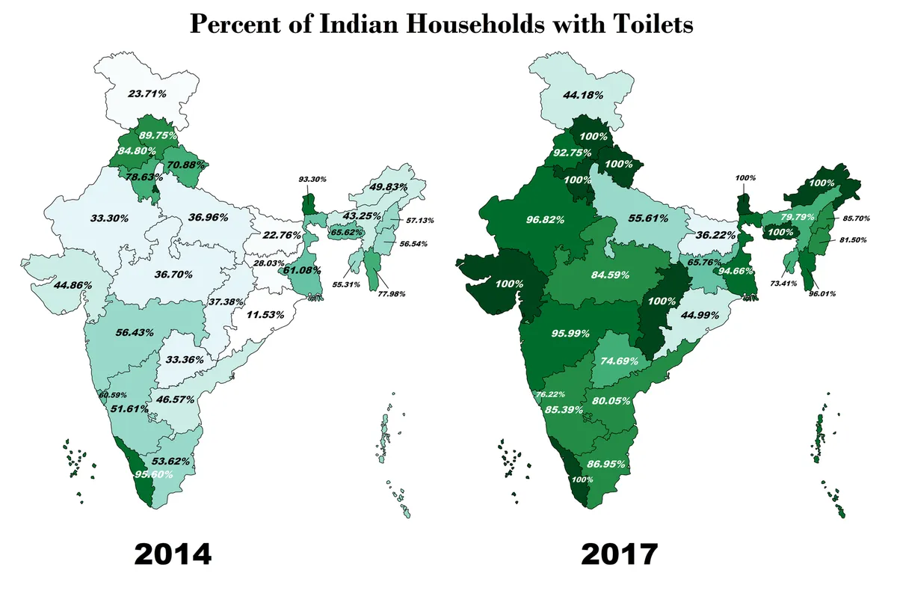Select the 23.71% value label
[147, 94]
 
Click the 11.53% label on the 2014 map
[265, 315]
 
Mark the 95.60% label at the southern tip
[154, 474]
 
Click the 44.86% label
[57, 284]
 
